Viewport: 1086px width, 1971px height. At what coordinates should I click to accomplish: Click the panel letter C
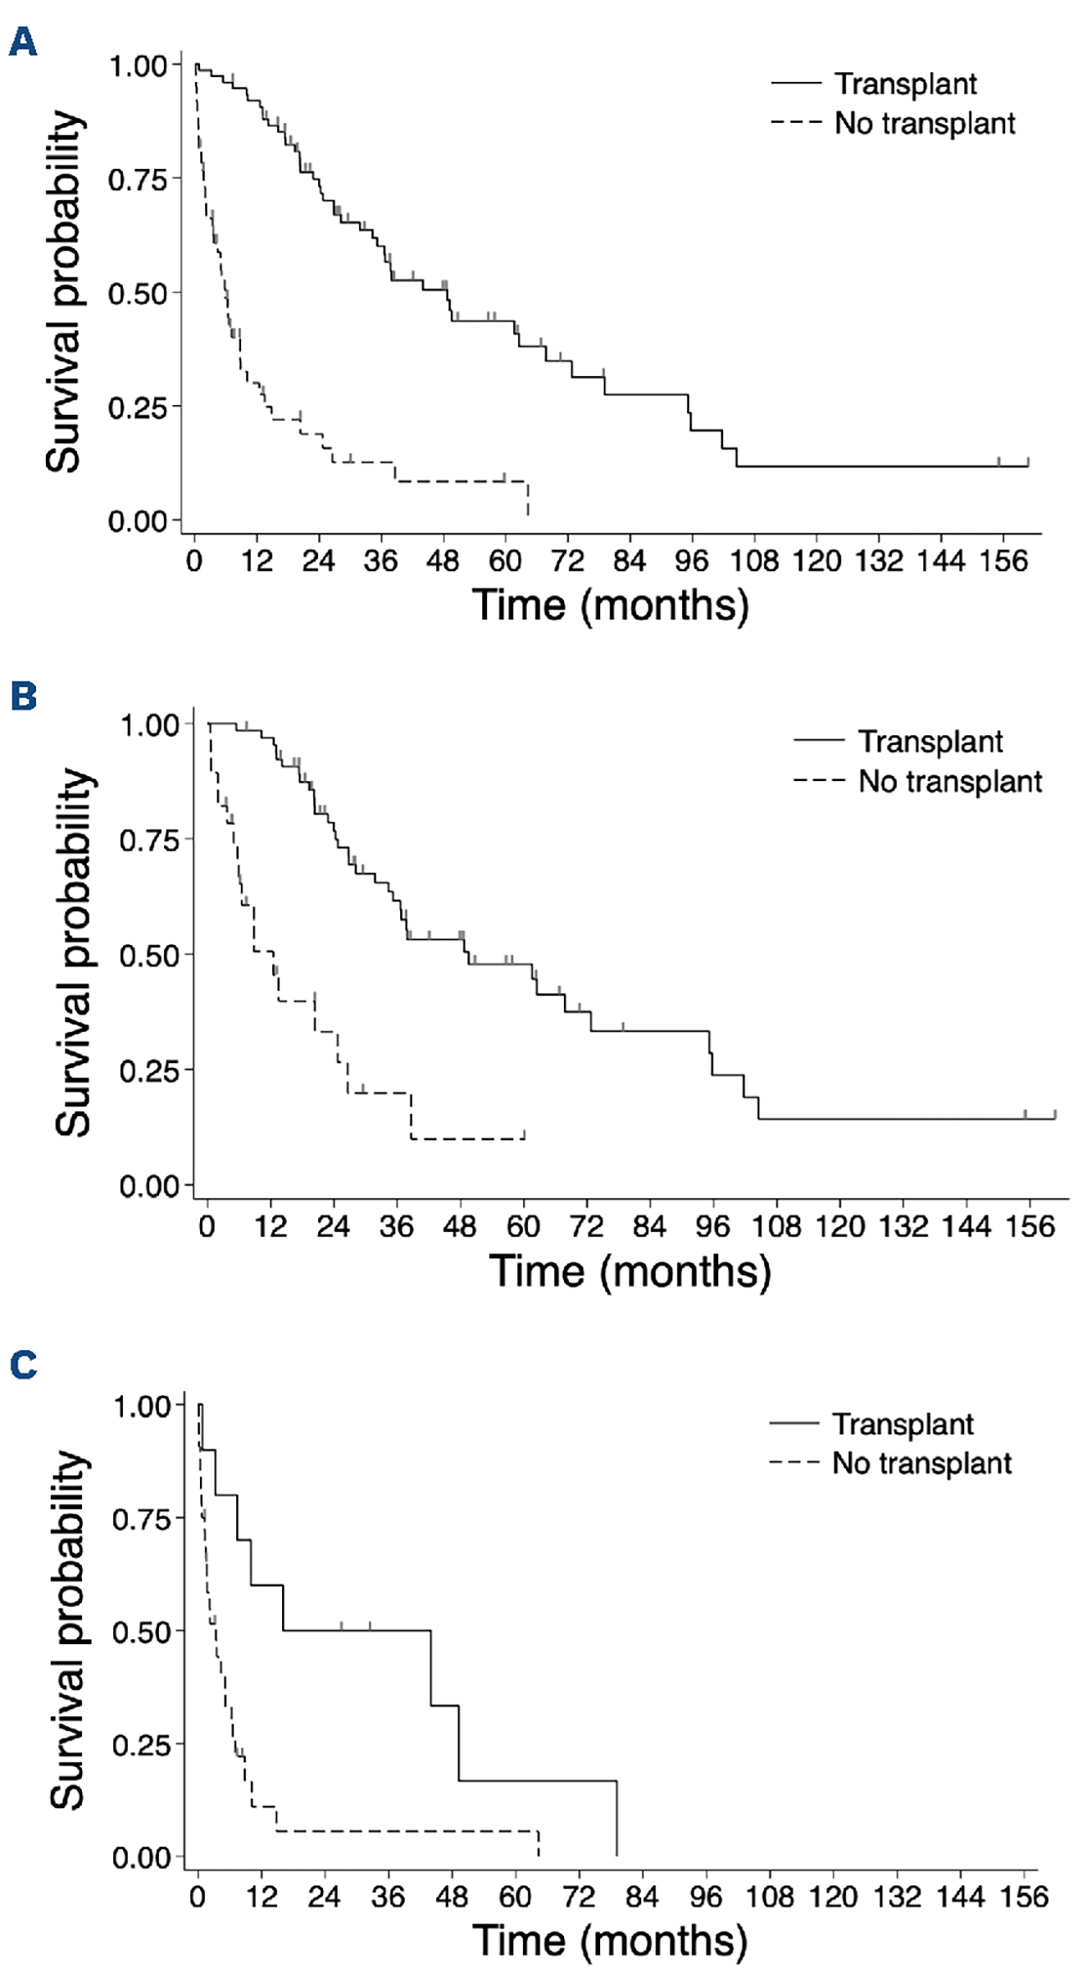23,1365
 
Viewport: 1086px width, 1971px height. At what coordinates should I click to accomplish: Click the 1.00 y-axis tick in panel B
150,724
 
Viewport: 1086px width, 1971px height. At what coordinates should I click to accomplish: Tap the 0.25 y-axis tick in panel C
143,1745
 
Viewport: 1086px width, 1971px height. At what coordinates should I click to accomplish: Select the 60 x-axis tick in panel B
523,1226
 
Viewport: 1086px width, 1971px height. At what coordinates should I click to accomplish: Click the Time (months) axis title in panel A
610,605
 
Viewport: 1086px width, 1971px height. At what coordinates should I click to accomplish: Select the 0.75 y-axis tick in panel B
150,840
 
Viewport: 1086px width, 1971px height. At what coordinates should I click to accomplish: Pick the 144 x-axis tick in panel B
966,1226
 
